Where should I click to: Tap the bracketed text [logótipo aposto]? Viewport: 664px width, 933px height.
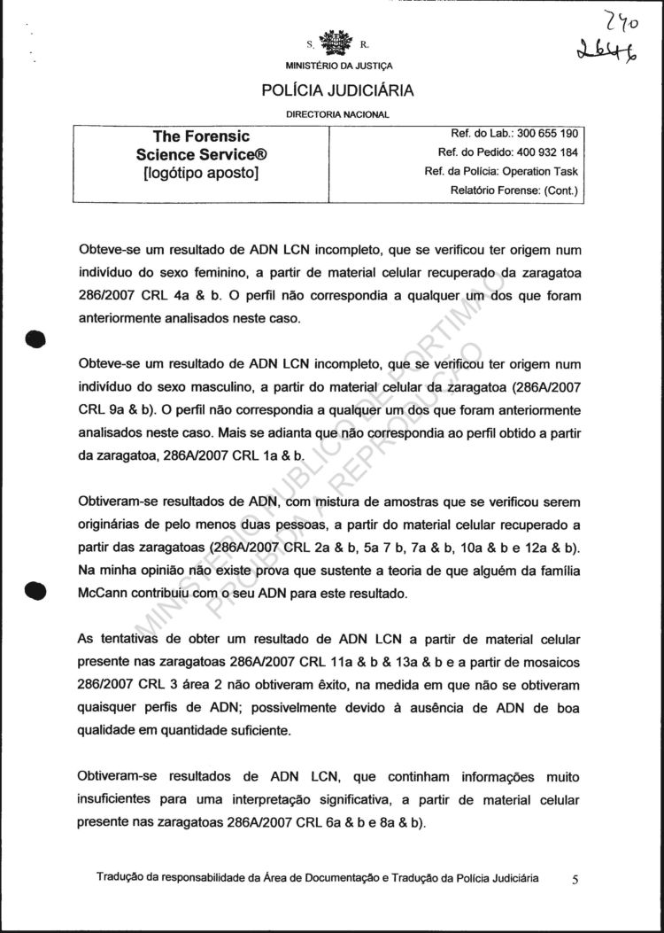201,173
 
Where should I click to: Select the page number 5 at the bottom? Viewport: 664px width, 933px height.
575,880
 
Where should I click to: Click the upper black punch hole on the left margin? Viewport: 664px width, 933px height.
35,339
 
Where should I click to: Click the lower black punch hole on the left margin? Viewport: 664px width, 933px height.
35,592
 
